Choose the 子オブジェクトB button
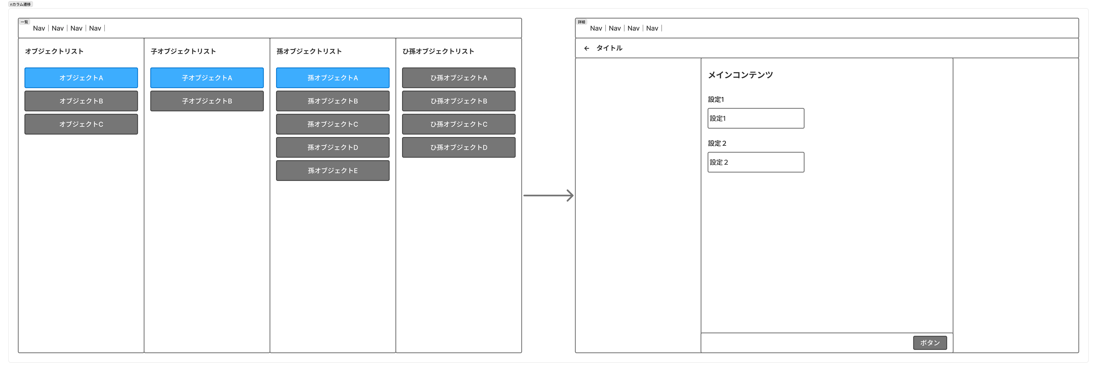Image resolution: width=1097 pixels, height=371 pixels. (207, 101)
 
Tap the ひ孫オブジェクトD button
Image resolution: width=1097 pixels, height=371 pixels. (459, 147)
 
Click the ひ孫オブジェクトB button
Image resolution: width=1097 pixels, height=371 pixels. (459, 101)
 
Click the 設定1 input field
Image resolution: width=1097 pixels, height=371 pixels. (756, 118)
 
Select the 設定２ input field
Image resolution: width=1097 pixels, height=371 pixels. (756, 162)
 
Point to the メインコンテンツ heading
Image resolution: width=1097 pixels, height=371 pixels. (740, 75)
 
